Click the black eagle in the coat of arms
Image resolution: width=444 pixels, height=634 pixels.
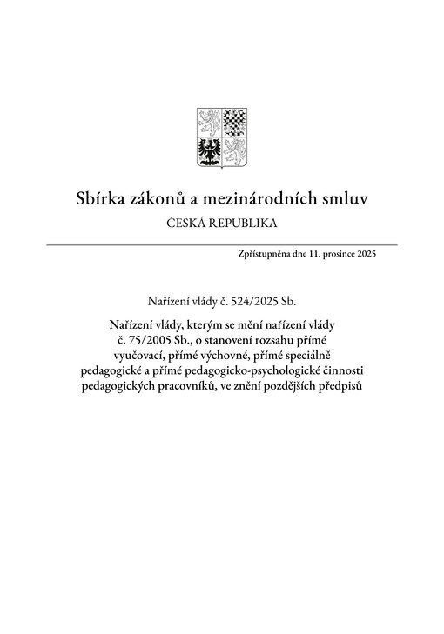(210, 149)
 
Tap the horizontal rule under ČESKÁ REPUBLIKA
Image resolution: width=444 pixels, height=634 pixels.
(221, 245)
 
